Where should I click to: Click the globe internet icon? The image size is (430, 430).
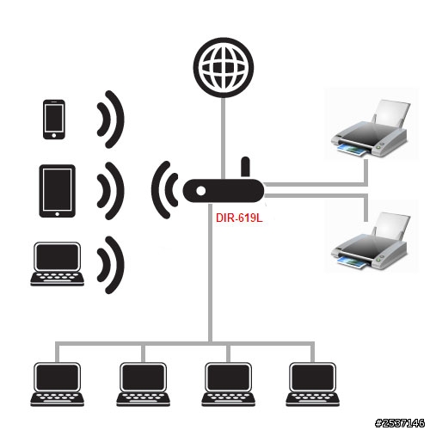coord(224,68)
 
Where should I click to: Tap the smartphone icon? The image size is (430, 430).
coord(54,120)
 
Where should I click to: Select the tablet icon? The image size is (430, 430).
coord(58,191)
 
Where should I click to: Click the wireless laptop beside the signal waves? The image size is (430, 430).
coord(58,264)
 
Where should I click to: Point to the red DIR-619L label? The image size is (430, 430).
coord(239,218)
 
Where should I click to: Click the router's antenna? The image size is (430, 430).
coord(245,167)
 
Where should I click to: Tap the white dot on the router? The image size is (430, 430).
coord(201,191)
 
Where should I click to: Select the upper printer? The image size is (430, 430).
coord(370,128)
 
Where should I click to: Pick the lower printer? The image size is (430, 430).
coord(370,241)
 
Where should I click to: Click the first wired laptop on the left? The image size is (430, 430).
coord(58,384)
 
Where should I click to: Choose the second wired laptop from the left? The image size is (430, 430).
coord(143,384)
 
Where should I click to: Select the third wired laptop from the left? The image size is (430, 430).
coord(228,384)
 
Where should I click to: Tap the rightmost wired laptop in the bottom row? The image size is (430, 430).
coord(313,384)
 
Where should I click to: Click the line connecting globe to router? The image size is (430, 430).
coord(224,138)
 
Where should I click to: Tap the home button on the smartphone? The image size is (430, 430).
coord(54,135)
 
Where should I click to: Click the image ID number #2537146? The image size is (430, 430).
coord(400,423)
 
